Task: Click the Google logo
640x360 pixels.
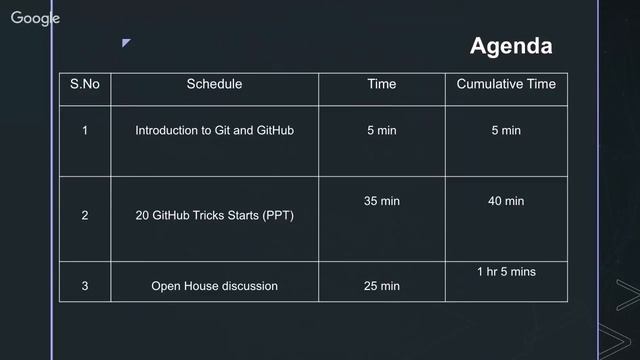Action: [x=36, y=18]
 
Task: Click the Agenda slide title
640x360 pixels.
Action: [x=510, y=46]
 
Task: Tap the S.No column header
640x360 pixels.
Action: [x=85, y=84]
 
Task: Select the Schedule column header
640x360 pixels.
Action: [x=214, y=84]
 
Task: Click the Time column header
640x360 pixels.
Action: [x=381, y=84]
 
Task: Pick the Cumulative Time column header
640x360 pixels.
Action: [x=505, y=84]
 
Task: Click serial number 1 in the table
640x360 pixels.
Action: [x=85, y=131]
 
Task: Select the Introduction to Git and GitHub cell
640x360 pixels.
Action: [x=214, y=131]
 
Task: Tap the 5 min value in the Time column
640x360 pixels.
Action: [x=381, y=131]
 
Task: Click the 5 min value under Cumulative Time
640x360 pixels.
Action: [x=505, y=131]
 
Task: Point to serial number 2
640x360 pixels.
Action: [x=85, y=215]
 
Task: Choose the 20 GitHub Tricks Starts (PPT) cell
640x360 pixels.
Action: [x=214, y=215]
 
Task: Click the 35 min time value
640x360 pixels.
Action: [x=381, y=201]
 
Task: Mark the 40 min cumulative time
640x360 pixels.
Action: [x=505, y=201]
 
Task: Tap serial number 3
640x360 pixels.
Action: [x=85, y=286]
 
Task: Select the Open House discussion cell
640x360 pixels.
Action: [x=214, y=286]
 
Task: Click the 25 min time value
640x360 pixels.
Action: [x=381, y=286]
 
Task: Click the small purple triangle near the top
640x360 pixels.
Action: [x=125, y=43]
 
